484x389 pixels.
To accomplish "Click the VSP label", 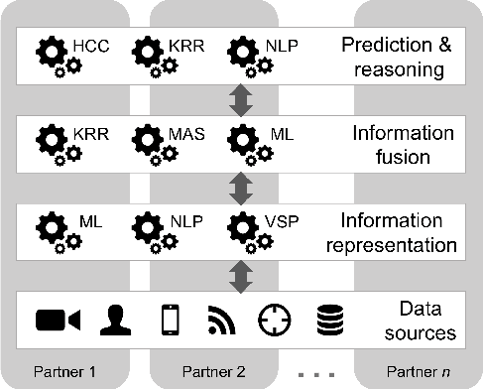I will (x=279, y=215).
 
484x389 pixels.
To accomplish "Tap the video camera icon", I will (x=57, y=320).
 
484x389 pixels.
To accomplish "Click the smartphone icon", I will (x=170, y=320).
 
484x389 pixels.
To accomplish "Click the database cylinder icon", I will (x=326, y=320).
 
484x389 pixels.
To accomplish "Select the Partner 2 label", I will (x=216, y=374).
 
